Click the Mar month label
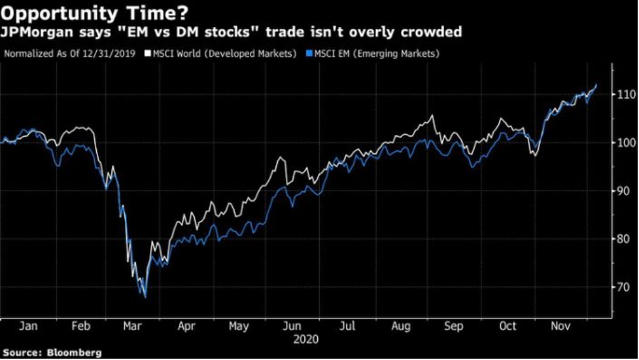coord(133,327)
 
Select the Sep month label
coord(455,327)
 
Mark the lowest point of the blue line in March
coord(145,297)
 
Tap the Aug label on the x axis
coord(401,327)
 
